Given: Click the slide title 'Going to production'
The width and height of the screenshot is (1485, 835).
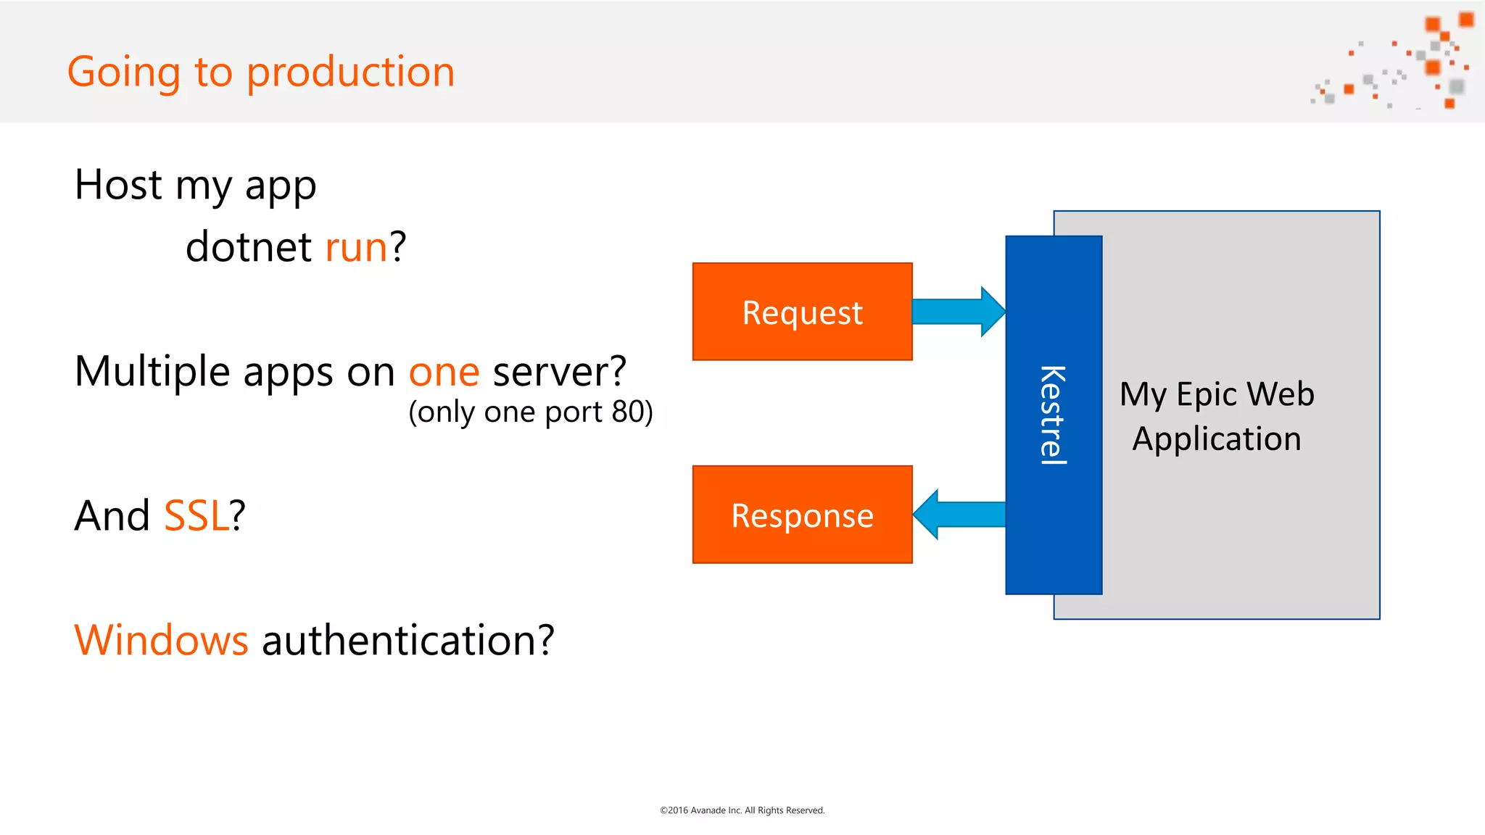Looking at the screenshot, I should pyautogui.click(x=261, y=72).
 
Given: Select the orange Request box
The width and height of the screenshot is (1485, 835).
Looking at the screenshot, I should pyautogui.click(x=802, y=312).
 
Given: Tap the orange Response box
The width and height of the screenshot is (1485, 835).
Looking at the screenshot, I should pyautogui.click(x=802, y=515).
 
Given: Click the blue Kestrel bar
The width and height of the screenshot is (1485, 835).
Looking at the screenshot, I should pyautogui.click(x=1053, y=415).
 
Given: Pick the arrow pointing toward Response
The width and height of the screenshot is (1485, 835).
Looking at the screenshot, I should pyautogui.click(x=959, y=515).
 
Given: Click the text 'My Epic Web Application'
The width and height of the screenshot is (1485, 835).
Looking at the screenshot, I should pyautogui.click(x=1217, y=416).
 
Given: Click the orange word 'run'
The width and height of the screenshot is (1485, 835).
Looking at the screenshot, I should pyautogui.click(x=356, y=247).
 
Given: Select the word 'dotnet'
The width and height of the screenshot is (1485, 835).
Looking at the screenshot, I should pyautogui.click(x=249, y=247).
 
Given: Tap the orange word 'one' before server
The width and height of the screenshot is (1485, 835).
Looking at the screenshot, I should pyautogui.click(x=444, y=372).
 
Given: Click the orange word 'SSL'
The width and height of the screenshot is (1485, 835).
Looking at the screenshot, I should pyautogui.click(x=196, y=516).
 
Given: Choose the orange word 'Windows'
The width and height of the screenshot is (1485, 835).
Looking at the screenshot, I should pyautogui.click(x=161, y=641).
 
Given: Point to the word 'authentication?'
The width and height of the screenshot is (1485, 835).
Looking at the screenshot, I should pyautogui.click(x=408, y=641).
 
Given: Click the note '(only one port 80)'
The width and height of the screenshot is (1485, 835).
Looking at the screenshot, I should pyautogui.click(x=531, y=412).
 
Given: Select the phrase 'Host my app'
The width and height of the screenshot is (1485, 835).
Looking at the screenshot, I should pyautogui.click(x=195, y=186).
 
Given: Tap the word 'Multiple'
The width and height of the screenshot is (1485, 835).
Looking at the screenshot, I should pyautogui.click(x=152, y=372).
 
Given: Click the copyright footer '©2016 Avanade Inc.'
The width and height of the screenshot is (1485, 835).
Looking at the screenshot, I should pyautogui.click(x=742, y=810).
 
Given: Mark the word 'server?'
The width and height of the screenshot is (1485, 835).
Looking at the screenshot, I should pyautogui.click(x=559, y=372).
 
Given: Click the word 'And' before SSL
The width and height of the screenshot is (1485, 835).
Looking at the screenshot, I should pyautogui.click(x=112, y=516).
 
